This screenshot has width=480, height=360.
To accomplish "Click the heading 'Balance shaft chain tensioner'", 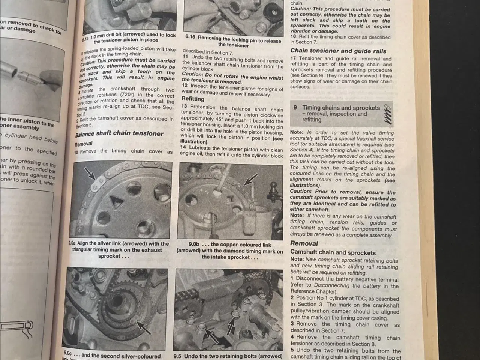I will [x=119, y=133].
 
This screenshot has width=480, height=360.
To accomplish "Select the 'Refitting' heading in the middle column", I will [x=193, y=99].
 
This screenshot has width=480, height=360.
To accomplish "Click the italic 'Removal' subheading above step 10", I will [x=83, y=144].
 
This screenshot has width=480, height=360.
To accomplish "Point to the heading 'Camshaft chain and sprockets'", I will [x=333, y=253].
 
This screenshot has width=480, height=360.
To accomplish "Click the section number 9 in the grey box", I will [x=295, y=108].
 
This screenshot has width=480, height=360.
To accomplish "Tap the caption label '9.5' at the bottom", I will [x=177, y=356].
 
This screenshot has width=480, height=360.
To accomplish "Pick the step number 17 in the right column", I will [x=294, y=58].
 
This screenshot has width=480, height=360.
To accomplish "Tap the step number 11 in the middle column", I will [x=185, y=57].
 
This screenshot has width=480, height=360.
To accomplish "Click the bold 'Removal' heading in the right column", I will [x=304, y=243].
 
